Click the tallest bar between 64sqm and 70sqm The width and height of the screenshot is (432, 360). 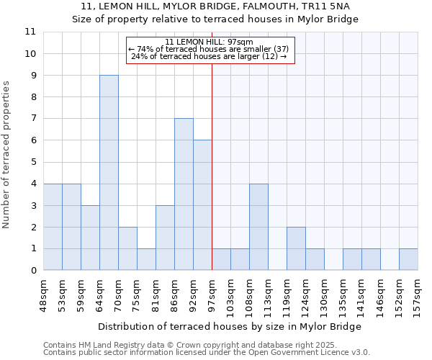click(x=109, y=173)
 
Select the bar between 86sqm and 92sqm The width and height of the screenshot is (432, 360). click(x=184, y=194)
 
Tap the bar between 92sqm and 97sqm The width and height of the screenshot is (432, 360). click(x=202, y=205)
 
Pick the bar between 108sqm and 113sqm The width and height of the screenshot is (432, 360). click(x=258, y=227)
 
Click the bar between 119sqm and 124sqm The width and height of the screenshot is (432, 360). click(x=296, y=248)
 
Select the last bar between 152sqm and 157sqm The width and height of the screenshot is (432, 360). click(x=408, y=259)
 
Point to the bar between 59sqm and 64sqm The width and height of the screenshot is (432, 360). click(x=90, y=238)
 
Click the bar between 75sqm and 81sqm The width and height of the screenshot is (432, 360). click(x=146, y=259)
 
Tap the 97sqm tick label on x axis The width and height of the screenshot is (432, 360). click(x=212, y=294)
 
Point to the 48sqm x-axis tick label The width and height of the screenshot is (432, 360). click(x=43, y=294)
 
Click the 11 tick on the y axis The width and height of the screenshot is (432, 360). click(x=30, y=32)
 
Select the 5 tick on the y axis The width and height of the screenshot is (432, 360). click(x=32, y=162)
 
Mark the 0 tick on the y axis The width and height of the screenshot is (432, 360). click(x=32, y=271)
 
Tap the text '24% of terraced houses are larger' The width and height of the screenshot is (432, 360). click(x=210, y=56)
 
